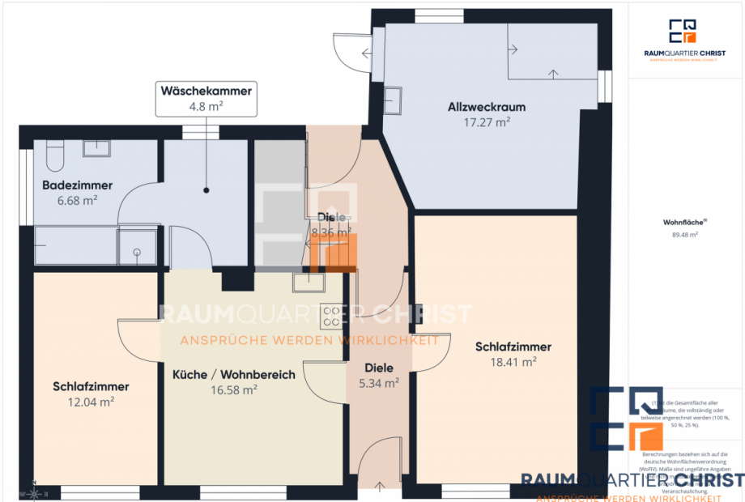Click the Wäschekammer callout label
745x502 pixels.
click(x=206, y=98)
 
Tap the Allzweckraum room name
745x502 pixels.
click(x=487, y=107)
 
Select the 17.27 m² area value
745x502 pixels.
click(x=487, y=122)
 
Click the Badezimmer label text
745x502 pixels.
click(x=77, y=185)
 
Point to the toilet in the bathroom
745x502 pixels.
click(x=55, y=152)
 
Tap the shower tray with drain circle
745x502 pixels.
click(x=138, y=246)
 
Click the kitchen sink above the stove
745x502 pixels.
click(x=309, y=283)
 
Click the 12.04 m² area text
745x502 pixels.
click(x=91, y=401)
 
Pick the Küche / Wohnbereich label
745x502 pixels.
click(x=234, y=375)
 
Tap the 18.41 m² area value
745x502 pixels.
click(x=513, y=362)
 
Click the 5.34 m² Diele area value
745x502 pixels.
click(x=378, y=383)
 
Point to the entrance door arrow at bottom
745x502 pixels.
click(x=381, y=486)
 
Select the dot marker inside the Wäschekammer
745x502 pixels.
click(x=206, y=191)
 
